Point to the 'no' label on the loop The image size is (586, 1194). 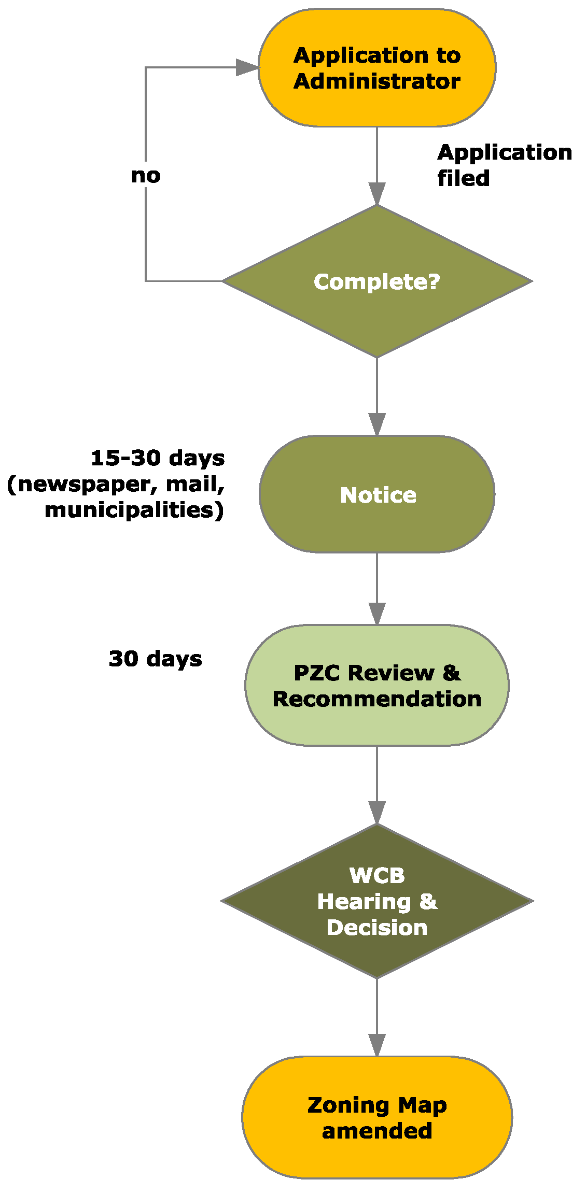point(146,176)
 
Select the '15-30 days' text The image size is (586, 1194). point(158,458)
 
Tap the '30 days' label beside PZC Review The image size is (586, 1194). point(155,659)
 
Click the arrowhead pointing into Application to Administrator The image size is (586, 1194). point(247,67)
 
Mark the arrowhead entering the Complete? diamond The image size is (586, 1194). point(377,193)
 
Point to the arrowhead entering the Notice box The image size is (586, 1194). point(377,423)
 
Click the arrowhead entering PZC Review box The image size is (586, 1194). point(377,613)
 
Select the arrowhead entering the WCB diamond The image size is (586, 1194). point(377,812)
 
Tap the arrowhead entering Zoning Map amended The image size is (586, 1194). point(377,1044)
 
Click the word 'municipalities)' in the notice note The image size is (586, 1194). point(134,510)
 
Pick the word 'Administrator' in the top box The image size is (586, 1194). point(377,81)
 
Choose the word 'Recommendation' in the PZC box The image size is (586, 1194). point(377,699)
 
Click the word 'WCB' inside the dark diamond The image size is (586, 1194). point(377,876)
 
